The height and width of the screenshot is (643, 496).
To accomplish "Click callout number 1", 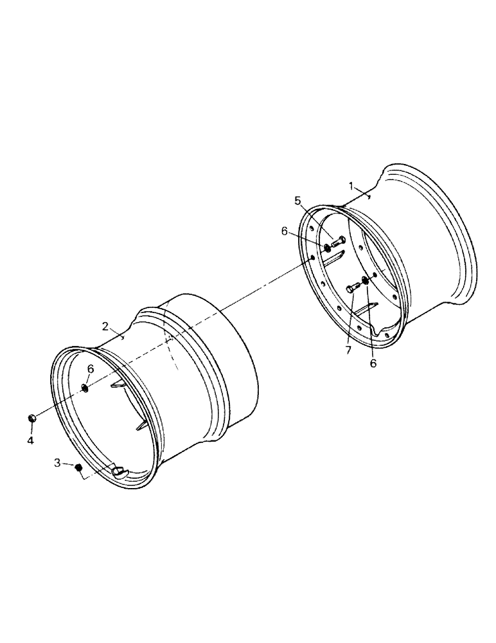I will (x=351, y=186).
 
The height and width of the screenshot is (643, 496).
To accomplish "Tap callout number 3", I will (x=58, y=462).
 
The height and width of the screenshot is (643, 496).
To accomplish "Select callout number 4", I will (x=30, y=440).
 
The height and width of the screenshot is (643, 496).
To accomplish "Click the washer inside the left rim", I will (x=85, y=387).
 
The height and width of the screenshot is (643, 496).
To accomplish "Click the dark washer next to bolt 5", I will (x=327, y=248).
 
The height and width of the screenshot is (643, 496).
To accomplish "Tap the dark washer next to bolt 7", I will (x=366, y=278).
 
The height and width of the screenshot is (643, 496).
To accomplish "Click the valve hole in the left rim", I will (x=118, y=471).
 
